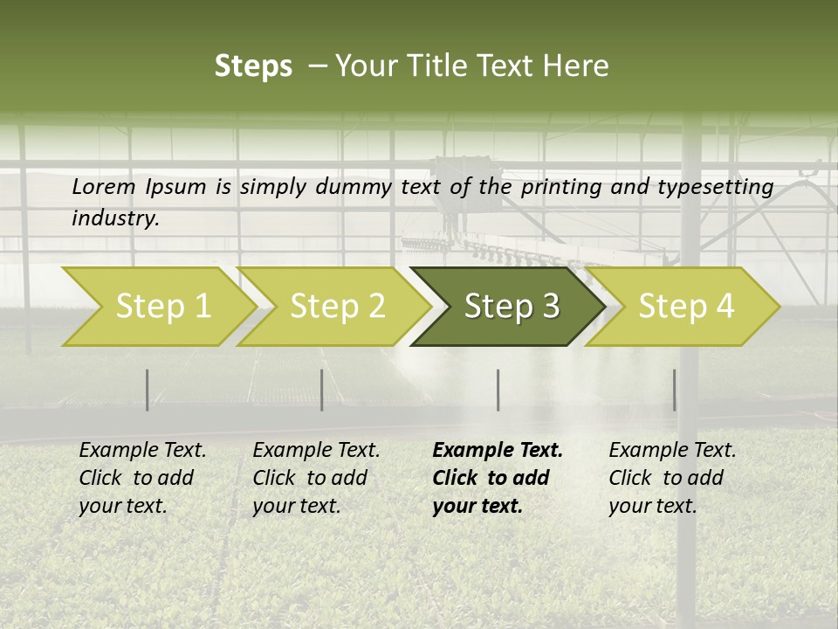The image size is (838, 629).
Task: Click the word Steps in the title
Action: pos(253,66)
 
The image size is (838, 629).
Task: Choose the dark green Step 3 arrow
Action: pos(512,307)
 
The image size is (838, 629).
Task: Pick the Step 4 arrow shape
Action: pos(686,307)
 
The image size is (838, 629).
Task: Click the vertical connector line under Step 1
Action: pos(148,390)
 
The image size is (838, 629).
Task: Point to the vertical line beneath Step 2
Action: pos(322,390)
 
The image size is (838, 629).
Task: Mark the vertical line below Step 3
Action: pos(498,390)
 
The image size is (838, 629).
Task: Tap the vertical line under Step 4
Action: pos(674,390)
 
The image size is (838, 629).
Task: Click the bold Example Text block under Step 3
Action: pos(498,478)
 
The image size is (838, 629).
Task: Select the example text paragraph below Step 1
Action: pos(142,478)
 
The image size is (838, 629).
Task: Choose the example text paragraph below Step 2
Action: pos(316,478)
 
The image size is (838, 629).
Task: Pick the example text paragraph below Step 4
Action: pos(672,478)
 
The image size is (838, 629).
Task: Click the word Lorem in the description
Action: pos(104,186)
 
